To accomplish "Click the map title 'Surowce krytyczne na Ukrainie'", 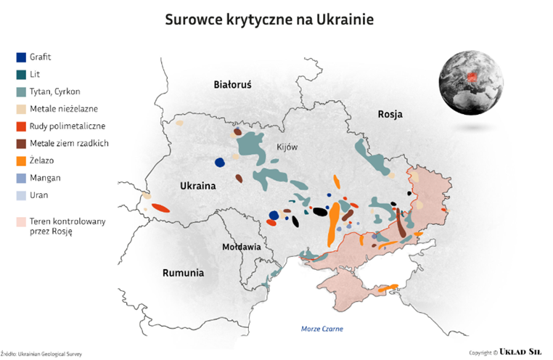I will (x=269, y=20).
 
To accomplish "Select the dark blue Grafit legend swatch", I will (x=21, y=57).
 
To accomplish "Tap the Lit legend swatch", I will (x=21, y=75).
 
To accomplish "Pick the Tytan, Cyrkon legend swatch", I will (x=21, y=92).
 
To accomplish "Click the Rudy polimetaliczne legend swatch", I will (x=21, y=126).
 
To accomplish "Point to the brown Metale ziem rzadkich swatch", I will (x=21, y=144).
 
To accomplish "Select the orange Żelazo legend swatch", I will (x=21, y=160).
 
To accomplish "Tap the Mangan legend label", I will (x=45, y=178).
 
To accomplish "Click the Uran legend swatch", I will (x=21, y=195).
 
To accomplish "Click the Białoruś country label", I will (x=232, y=85).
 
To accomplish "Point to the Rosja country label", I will (x=390, y=115).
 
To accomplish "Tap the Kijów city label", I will (x=287, y=147).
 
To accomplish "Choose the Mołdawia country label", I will (x=242, y=247).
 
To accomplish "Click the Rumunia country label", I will (x=182, y=274).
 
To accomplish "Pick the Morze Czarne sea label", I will (x=322, y=329).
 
